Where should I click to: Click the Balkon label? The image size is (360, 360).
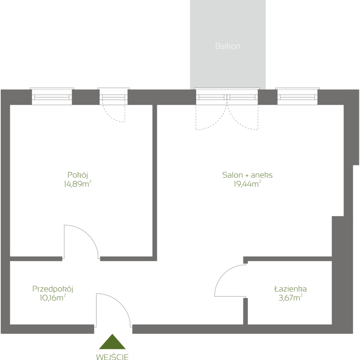tap(228, 46)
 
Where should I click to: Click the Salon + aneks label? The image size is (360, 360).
tap(247, 175)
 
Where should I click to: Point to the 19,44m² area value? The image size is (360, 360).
tap(247, 184)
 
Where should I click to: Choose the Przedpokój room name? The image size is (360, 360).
tap(53, 289)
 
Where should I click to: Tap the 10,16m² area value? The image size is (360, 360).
tap(53, 298)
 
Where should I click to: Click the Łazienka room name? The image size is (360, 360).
tap(290, 289)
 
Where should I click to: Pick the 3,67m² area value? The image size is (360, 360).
tap(290, 298)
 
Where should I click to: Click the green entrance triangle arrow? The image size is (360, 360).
tap(112, 342)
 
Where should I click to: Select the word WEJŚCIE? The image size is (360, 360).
tap(112, 357)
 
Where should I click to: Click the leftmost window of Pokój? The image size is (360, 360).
tap(52, 96)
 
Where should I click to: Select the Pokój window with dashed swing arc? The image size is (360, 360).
tap(114, 96)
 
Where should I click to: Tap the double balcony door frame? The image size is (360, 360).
tap(227, 96)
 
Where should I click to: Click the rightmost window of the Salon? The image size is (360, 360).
tap(297, 96)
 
